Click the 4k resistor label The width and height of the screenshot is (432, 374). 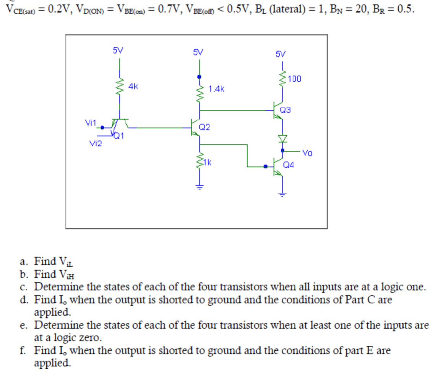click(x=133, y=86)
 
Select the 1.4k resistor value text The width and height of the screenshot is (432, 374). click(x=217, y=89)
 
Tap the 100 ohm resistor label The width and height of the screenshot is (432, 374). click(x=295, y=79)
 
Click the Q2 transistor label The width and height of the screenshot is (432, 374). click(x=205, y=127)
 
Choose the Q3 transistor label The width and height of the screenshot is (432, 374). click(x=285, y=110)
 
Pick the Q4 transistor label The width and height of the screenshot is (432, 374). click(x=289, y=165)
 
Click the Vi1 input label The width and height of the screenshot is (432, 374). click(x=91, y=123)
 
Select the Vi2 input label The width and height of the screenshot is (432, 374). click(x=95, y=144)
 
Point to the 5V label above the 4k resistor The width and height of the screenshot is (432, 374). click(x=118, y=50)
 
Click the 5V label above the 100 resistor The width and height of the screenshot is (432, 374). click(x=281, y=54)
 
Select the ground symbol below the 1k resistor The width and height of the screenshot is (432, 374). click(x=199, y=187)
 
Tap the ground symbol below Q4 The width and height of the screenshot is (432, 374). click(x=282, y=194)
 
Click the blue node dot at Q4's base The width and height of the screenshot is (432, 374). click(x=266, y=166)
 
